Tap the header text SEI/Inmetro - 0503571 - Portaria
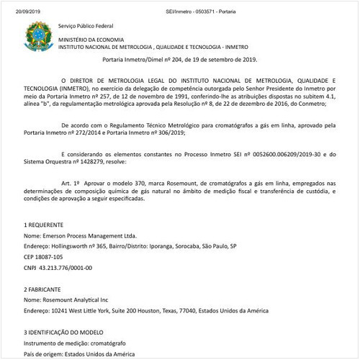coord(180,4)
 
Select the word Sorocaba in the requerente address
coord(186,246)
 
